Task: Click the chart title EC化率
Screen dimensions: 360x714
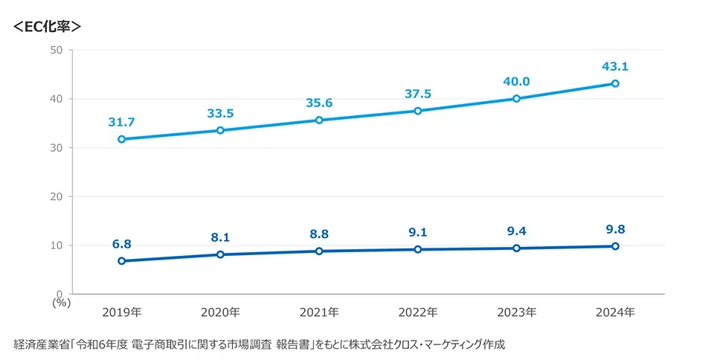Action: pyautogui.click(x=46, y=26)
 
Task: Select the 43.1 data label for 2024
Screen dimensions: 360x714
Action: pyautogui.click(x=615, y=66)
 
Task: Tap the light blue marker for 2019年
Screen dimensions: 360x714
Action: pyautogui.click(x=121, y=139)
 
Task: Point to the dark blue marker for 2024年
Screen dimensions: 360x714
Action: pyautogui.click(x=615, y=246)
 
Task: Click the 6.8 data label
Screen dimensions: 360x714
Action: pyautogui.click(x=121, y=244)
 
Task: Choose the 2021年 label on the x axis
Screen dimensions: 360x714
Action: pyautogui.click(x=319, y=312)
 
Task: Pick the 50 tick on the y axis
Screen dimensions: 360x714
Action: pyautogui.click(x=57, y=50)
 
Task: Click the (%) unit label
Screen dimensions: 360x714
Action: pyautogui.click(x=60, y=302)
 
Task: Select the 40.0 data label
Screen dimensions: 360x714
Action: pyautogui.click(x=516, y=82)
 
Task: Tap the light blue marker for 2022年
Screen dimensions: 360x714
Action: pyautogui.click(x=418, y=111)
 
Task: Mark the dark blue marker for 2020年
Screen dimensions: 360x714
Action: pyautogui.click(x=220, y=254)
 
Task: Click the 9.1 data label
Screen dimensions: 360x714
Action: pyautogui.click(x=418, y=232)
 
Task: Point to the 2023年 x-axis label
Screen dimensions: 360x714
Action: pyautogui.click(x=516, y=312)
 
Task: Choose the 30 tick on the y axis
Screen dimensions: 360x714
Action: pyautogui.click(x=57, y=148)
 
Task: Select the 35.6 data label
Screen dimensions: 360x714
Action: pyautogui.click(x=319, y=103)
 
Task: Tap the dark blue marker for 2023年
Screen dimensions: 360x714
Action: pyautogui.click(x=516, y=248)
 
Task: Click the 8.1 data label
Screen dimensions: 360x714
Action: pyautogui.click(x=220, y=237)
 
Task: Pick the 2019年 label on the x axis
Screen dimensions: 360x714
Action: pyautogui.click(x=121, y=312)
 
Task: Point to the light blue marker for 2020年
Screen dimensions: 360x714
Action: pyautogui.click(x=220, y=130)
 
